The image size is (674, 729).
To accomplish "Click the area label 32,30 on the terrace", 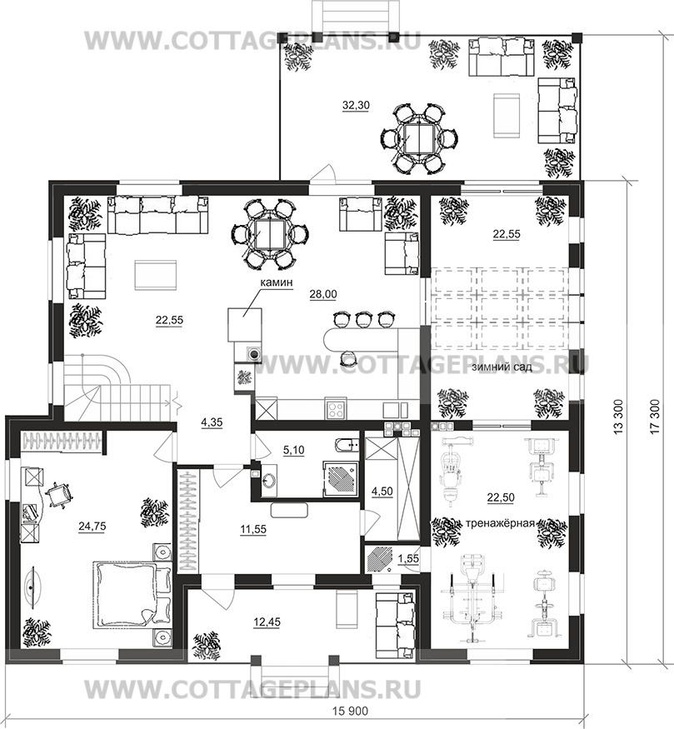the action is click(356, 106).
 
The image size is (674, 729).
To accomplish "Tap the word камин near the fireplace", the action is click(276, 282).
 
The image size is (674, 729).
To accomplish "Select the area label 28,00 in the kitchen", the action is click(323, 294).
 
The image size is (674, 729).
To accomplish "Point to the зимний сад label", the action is click(502, 367).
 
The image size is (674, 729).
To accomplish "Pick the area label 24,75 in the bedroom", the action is click(92, 527).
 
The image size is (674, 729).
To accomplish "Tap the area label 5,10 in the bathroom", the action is click(293, 450).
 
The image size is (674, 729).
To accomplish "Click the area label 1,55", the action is click(409, 559).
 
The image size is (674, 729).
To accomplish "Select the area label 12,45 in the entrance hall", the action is click(267, 622).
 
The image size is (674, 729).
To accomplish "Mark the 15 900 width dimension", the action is click(350, 711).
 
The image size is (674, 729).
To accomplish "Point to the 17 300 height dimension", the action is click(656, 416).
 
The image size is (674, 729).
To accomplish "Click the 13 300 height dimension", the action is click(618, 416).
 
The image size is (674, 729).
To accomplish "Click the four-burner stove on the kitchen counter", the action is click(336, 409).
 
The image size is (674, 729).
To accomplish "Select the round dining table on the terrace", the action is click(419, 137).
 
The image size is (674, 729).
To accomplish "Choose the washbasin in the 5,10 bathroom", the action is click(268, 480).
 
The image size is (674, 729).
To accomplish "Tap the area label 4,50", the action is click(383, 491).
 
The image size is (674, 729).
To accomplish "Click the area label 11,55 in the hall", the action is click(253, 529).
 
